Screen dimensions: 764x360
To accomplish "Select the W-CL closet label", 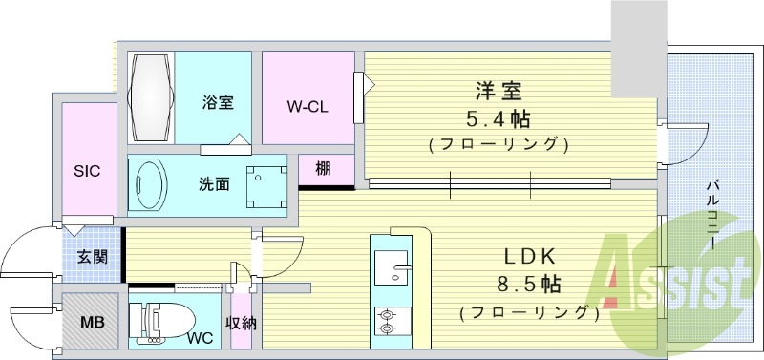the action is tap(308, 106).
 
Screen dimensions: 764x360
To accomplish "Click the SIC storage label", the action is tap(88, 171).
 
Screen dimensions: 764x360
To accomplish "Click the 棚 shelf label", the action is tap(323, 169).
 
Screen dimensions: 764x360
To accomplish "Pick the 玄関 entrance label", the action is tap(92, 256).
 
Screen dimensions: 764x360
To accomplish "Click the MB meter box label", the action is tap(93, 322).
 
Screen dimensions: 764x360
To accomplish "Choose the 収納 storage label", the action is tap(241, 323).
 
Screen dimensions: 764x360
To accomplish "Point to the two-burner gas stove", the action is tap(391, 320).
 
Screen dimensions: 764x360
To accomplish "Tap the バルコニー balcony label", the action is tap(712, 214).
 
